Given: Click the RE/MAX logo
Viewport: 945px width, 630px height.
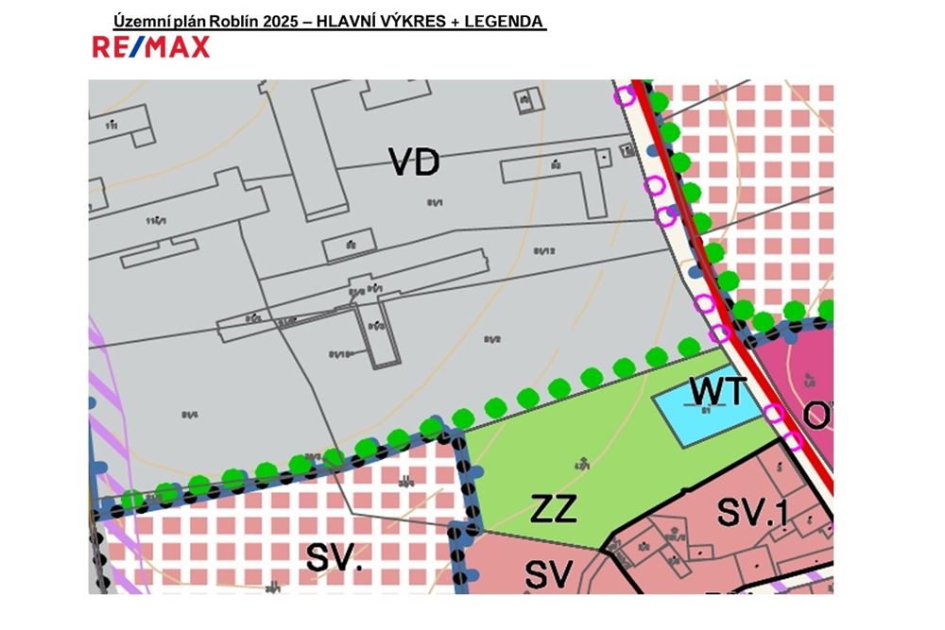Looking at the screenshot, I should pos(151,46).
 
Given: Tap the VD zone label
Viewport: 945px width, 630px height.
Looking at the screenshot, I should pos(415,162).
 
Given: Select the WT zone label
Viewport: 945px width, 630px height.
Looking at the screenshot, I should pos(719,389).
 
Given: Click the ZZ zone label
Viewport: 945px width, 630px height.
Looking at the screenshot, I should pos(554,509).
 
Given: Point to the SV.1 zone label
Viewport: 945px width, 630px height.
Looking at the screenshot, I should pos(752,512).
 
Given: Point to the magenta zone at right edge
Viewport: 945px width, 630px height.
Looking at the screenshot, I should pos(803,378).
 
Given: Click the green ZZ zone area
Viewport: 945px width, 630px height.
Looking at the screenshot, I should pos(567,453).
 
